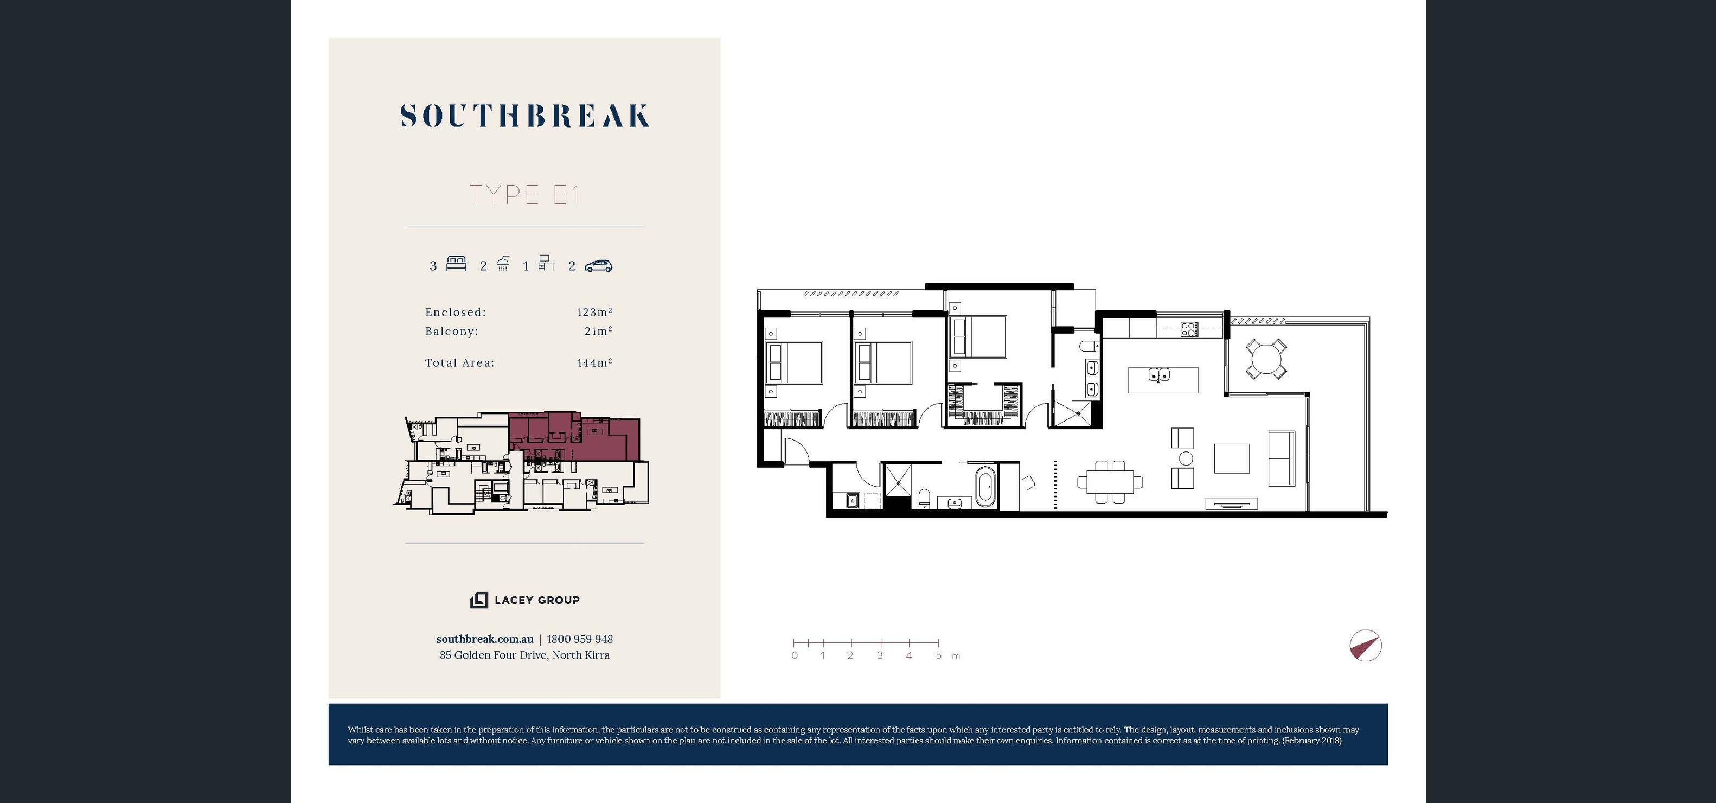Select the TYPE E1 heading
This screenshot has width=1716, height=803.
(525, 195)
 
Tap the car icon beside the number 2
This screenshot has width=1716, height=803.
(598, 266)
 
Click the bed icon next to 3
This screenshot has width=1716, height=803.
(456, 263)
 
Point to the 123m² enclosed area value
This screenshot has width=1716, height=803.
(594, 312)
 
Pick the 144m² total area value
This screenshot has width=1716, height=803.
(594, 362)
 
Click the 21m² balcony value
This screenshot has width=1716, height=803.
(598, 330)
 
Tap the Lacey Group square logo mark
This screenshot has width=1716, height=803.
(479, 600)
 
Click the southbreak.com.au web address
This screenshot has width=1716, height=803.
(485, 639)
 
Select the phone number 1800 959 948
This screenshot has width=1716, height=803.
(580, 639)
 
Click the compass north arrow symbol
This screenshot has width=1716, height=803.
(1365, 646)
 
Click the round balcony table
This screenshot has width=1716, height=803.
(1266, 360)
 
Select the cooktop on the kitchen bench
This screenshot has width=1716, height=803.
(1189, 329)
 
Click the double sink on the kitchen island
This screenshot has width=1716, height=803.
(1159, 375)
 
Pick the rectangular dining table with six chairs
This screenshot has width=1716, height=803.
(1110, 482)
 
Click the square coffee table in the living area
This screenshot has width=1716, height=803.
(1231, 458)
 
